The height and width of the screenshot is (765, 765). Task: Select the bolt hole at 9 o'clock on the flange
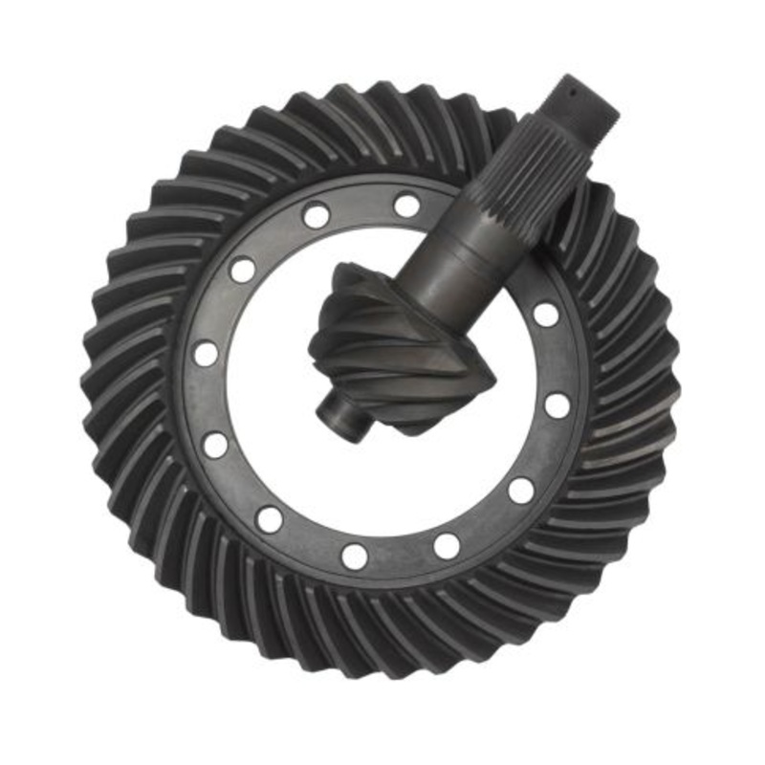pyautogui.click(x=205, y=354)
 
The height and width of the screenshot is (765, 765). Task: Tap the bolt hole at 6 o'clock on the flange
pyautogui.click(x=355, y=556)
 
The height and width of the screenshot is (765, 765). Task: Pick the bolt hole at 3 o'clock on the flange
pyautogui.click(x=557, y=405)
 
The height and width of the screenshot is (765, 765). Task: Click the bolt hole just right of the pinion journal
pyautogui.click(x=546, y=314)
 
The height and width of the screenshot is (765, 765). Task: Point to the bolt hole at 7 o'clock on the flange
pyautogui.click(x=271, y=519)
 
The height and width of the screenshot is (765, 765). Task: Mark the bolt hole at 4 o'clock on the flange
pyautogui.click(x=521, y=491)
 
